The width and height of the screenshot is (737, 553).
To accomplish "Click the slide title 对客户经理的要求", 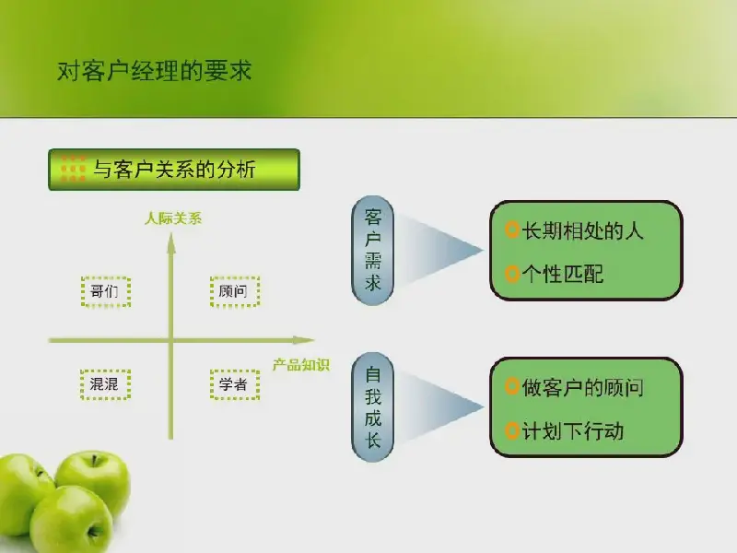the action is coord(154,72).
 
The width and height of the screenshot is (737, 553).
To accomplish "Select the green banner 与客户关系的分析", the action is coord(174,170).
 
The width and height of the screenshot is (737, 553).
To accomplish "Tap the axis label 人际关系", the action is coord(173,218).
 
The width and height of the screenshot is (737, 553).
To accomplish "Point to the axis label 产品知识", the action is coord(301,365).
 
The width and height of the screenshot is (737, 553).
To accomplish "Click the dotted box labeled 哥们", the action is coord(106,292).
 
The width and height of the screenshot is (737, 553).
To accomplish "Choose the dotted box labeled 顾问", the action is coord(235,291).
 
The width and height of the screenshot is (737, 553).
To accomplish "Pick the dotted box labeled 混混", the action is coord(105,384).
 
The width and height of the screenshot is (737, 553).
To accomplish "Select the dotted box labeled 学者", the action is coord(235,384).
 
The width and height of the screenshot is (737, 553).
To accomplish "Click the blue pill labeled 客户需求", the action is coord(373,251).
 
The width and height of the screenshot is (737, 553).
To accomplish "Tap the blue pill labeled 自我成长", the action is coord(373,407).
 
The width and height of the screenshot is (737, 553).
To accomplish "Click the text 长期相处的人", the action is coord(582,231).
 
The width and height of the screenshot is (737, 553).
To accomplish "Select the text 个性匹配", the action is coord(563,274).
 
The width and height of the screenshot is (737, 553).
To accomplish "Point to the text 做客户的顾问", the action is coord(582,388).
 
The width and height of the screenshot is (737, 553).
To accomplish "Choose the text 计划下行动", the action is coord(572,430).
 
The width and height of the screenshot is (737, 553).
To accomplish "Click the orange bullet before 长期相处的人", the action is coord(511,229).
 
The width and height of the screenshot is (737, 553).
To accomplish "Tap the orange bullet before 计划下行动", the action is coord(511,430).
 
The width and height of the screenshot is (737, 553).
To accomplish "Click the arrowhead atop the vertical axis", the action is coord(171,243).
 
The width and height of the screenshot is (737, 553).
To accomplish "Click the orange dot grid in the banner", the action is coord(73,169).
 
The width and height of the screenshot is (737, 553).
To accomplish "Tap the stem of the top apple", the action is coord(95,460).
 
